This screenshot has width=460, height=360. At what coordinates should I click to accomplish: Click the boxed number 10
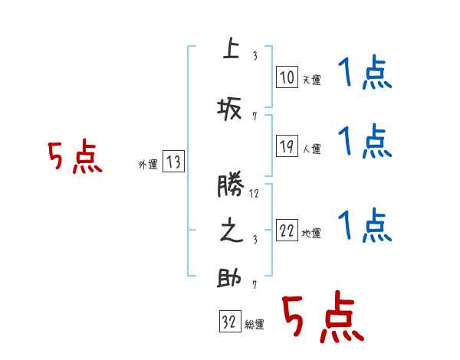tap(287, 77)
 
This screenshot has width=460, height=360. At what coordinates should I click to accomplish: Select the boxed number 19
tap(287, 147)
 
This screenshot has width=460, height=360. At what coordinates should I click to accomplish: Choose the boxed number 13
tap(173, 162)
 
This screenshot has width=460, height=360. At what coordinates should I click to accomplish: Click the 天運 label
tap(311, 80)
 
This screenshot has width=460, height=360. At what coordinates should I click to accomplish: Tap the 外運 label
tap(147, 164)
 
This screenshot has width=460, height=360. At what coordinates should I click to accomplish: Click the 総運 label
tap(255, 325)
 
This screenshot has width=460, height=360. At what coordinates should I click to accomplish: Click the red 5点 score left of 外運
tap(74, 157)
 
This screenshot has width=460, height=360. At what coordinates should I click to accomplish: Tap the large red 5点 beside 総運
tap(322, 318)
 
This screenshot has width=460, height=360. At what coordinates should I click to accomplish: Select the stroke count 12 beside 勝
tap(255, 194)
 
